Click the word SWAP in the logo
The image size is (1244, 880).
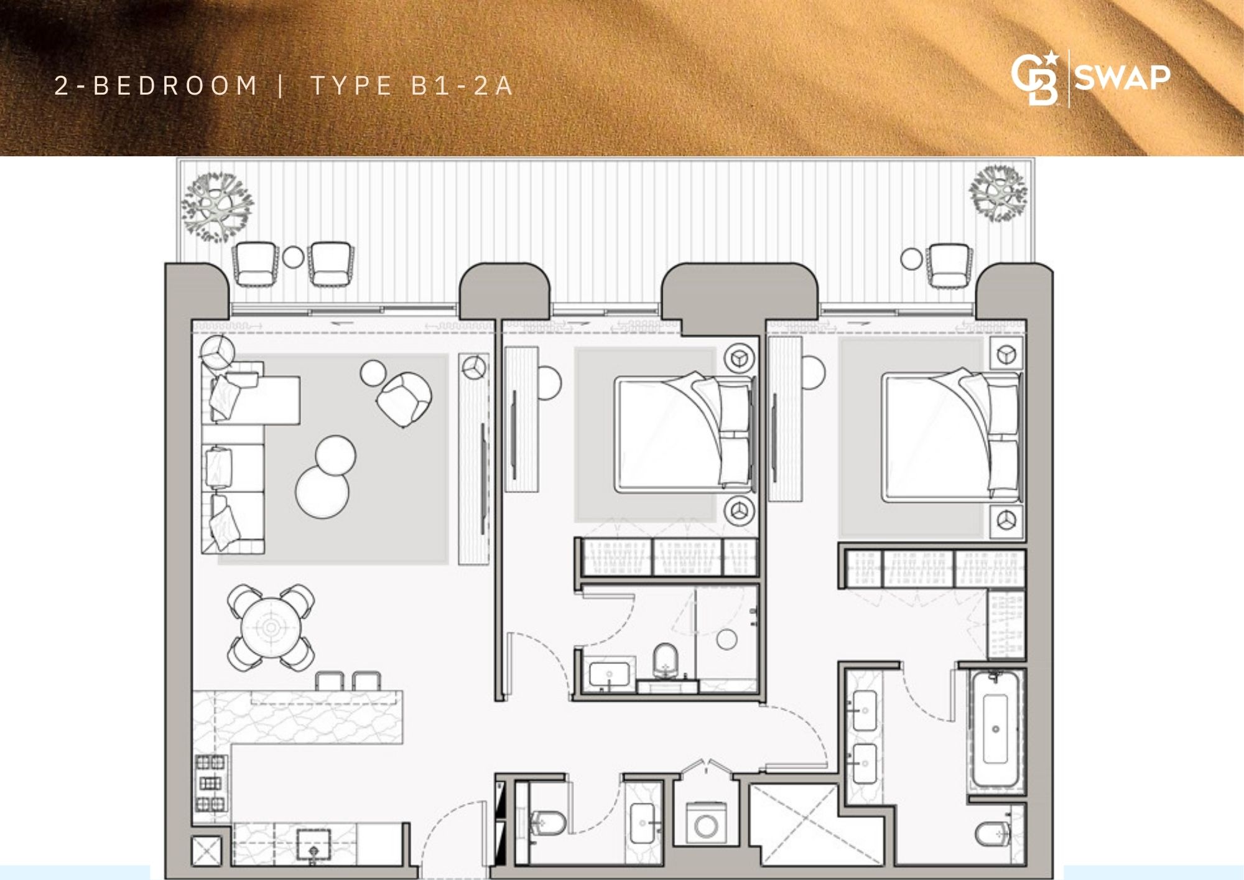(1122, 78)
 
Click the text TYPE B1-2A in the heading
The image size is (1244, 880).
(412, 85)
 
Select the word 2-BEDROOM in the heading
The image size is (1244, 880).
(155, 85)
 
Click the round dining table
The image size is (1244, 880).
(271, 627)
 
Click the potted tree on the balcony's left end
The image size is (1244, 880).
(217, 206)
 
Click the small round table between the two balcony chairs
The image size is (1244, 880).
(293, 256)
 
